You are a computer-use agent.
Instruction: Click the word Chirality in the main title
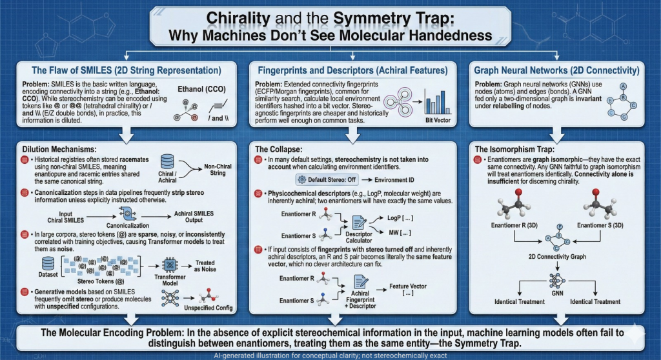point(243,17)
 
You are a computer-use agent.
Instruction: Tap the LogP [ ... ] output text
point(395,217)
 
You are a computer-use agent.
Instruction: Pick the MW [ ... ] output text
point(395,232)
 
